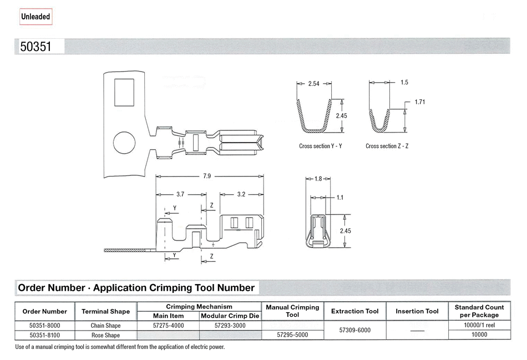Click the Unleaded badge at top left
click(36, 17)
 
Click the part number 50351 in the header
click(36, 47)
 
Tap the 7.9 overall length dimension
click(207, 176)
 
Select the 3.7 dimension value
click(180, 194)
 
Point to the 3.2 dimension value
click(241, 194)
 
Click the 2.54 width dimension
click(314, 84)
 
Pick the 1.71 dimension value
click(420, 102)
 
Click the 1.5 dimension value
click(404, 82)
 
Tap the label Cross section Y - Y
click(321, 146)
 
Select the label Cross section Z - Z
click(387, 146)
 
